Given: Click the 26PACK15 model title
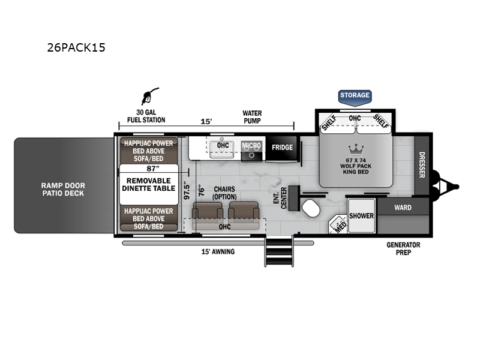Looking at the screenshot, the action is pos(76,47).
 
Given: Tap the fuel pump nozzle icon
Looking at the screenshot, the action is pos(150,96).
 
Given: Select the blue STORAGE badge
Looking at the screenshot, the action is pos(355,97).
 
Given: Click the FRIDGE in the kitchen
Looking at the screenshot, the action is pos(282,148).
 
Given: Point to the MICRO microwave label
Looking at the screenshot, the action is pos(251,146).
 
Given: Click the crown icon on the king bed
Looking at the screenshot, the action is pos(356,151).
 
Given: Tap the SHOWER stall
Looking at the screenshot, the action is pos(362,215).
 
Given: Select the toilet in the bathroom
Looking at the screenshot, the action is pos(311,208).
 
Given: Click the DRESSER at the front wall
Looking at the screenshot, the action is pos(422,165).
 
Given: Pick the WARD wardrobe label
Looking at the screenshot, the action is pos(403,208).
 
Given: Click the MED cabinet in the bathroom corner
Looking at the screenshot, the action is pos(338,224).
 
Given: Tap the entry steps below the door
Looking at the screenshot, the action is pos(279,251).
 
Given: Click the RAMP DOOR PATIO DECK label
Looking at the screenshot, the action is pos(64,189).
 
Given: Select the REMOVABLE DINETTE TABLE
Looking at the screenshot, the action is pos(149,185).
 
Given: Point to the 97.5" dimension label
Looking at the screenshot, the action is pos(187,192).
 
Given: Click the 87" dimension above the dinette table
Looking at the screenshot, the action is pos(153,169).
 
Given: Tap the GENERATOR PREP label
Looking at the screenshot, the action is pos(403,248).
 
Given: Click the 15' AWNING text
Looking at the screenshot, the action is pos(218,251).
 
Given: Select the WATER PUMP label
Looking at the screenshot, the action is pos(252,117).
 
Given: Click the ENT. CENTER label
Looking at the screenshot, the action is pos(280,198).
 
